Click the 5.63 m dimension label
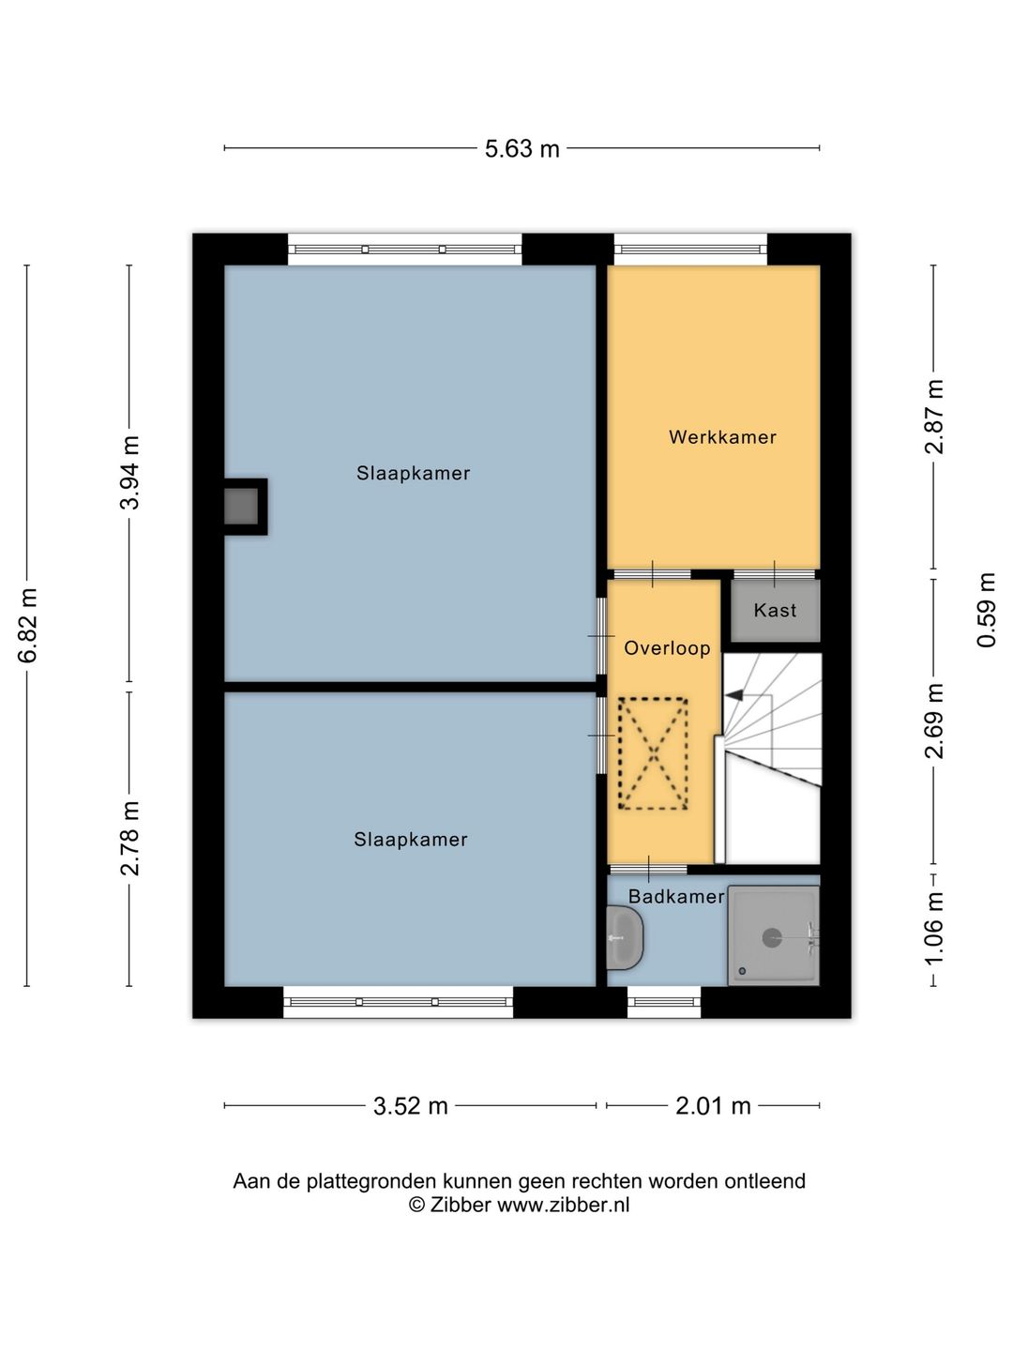(x=522, y=149)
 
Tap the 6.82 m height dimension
(x=28, y=625)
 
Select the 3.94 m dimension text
(x=129, y=472)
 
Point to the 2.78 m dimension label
(x=129, y=839)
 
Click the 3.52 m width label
(x=410, y=1106)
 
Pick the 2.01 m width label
(x=713, y=1106)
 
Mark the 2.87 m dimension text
(x=934, y=417)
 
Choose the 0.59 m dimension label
(x=986, y=610)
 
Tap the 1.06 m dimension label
(x=934, y=930)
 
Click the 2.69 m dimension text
(x=934, y=721)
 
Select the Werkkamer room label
(x=722, y=437)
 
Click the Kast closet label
(x=775, y=610)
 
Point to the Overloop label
(x=667, y=648)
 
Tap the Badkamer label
(x=676, y=896)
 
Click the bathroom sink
(x=625, y=937)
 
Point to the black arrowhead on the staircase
(x=733, y=695)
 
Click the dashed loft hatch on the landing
(x=653, y=753)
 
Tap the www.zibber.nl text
(x=563, y=1205)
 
